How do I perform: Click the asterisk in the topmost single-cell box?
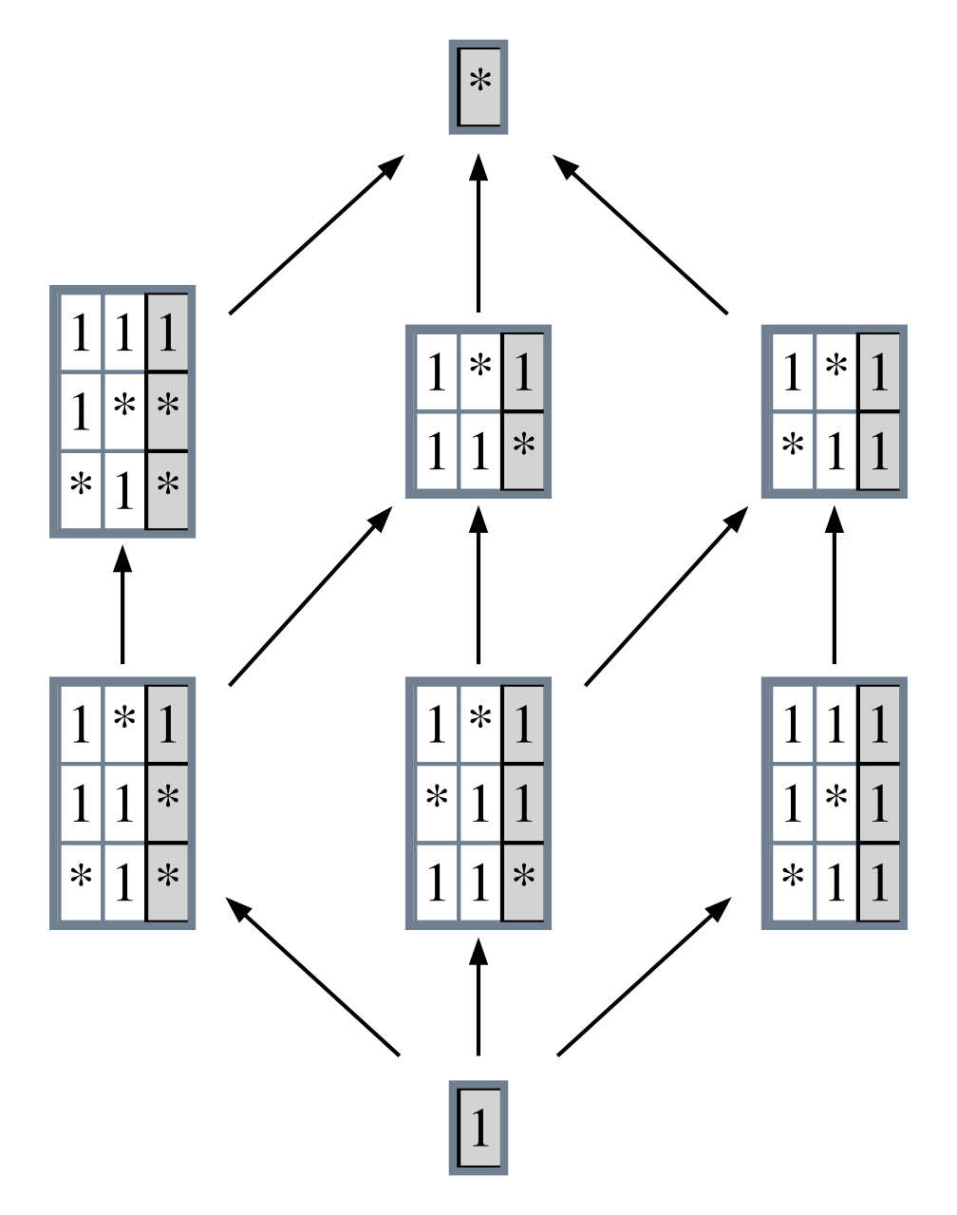click(480, 83)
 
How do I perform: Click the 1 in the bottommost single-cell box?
click(480, 1128)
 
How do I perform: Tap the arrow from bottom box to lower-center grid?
click(478, 997)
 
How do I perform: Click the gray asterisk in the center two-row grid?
click(523, 446)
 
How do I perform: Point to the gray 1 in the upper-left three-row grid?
click(168, 333)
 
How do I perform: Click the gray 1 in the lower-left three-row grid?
click(168, 724)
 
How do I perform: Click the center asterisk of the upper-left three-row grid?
click(124, 408)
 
